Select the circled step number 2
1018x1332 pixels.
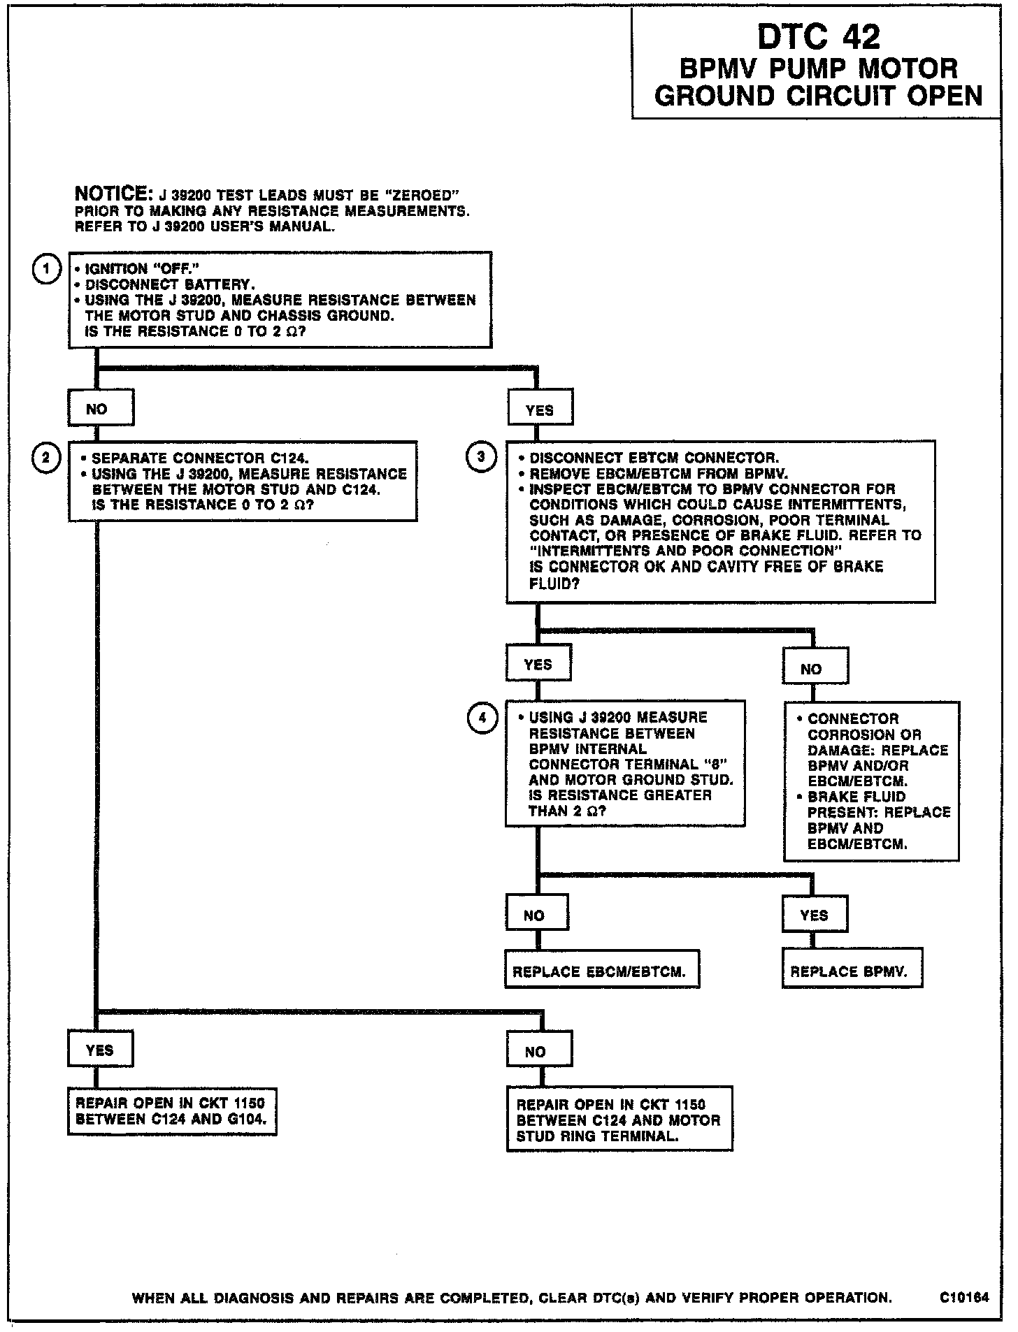coord(46,458)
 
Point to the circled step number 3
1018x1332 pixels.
coord(481,458)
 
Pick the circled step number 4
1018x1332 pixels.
coord(481,718)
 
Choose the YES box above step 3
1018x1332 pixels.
coord(540,410)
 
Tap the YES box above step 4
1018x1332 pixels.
coord(538,664)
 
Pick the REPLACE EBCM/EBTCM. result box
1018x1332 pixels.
coord(601,971)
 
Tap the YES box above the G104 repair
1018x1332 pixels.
coord(100,1050)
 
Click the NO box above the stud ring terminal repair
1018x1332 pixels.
coord(538,1051)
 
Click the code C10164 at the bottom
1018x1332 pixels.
coord(965,1298)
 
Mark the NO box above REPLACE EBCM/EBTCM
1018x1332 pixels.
coord(536,915)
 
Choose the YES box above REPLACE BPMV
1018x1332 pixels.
coord(815,915)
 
